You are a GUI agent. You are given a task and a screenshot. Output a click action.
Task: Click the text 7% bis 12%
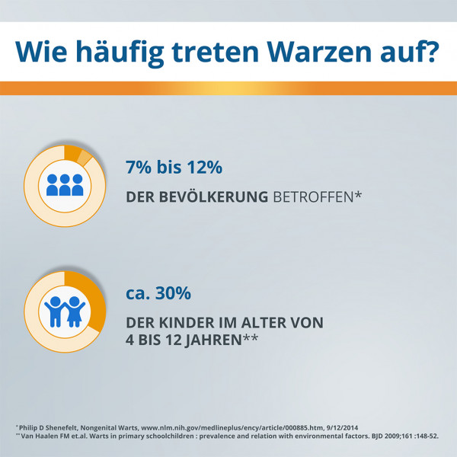pyautogui.click(x=174, y=166)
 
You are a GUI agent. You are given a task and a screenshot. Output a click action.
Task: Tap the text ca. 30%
pyautogui.click(x=158, y=293)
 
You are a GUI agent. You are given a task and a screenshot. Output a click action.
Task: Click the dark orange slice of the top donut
pyautogui.click(x=72, y=153)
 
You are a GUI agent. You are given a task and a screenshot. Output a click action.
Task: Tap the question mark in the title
pyautogui.click(x=430, y=52)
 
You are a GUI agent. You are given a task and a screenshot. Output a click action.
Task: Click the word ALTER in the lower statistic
pyautogui.click(x=263, y=322)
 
